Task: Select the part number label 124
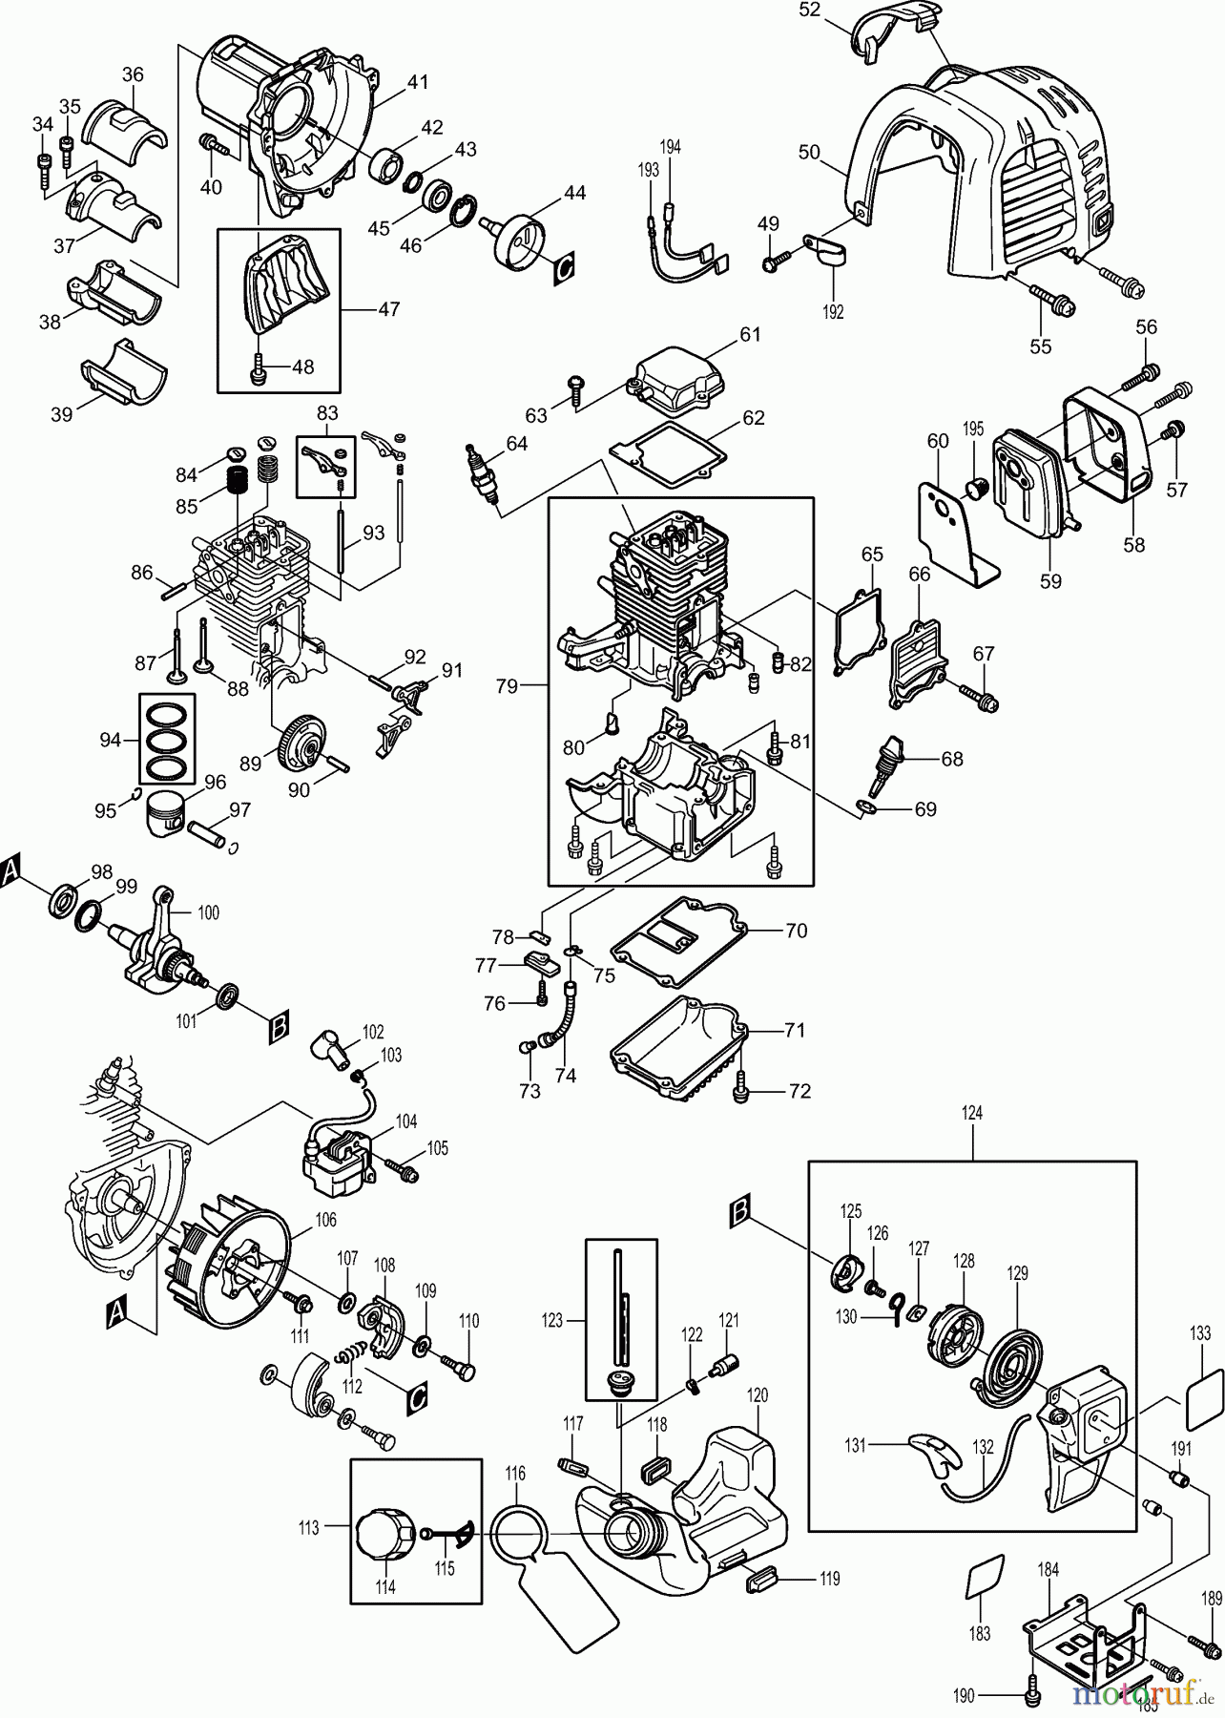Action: coord(972,1113)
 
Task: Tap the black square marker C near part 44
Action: coord(565,269)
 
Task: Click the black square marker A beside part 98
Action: coord(10,870)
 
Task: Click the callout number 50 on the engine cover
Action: coord(809,152)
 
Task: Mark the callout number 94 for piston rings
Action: coord(111,739)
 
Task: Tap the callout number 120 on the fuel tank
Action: coord(757,1395)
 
